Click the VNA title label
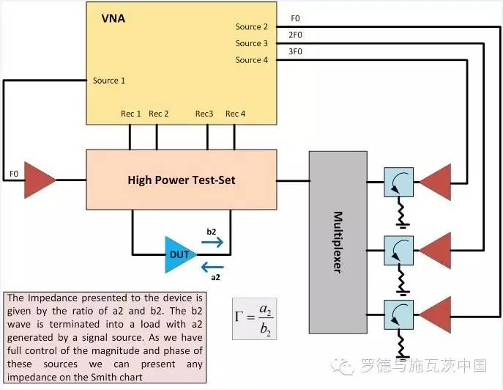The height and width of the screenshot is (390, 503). [x=113, y=18]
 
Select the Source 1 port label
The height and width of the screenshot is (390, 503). [x=109, y=81]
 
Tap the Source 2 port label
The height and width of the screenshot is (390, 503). [x=252, y=26]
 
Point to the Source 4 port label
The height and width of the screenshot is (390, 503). [x=252, y=60]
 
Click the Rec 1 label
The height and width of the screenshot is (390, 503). [x=131, y=114]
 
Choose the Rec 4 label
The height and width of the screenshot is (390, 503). [x=236, y=114]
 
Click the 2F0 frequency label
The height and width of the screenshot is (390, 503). [x=295, y=35]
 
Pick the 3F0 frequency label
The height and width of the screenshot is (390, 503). [x=295, y=52]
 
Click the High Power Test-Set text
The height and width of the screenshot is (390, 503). [x=182, y=180]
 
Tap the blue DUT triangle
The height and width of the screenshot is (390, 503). [x=178, y=255]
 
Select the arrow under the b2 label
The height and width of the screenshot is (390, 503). [x=212, y=242]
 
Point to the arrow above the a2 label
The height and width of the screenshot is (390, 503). [x=212, y=267]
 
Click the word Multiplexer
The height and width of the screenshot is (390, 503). [x=338, y=242]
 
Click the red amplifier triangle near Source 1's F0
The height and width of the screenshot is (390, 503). [x=38, y=180]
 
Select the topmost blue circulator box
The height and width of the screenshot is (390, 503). [x=399, y=182]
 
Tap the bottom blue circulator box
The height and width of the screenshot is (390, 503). [x=399, y=314]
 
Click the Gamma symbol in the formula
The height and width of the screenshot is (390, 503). [x=239, y=317]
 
